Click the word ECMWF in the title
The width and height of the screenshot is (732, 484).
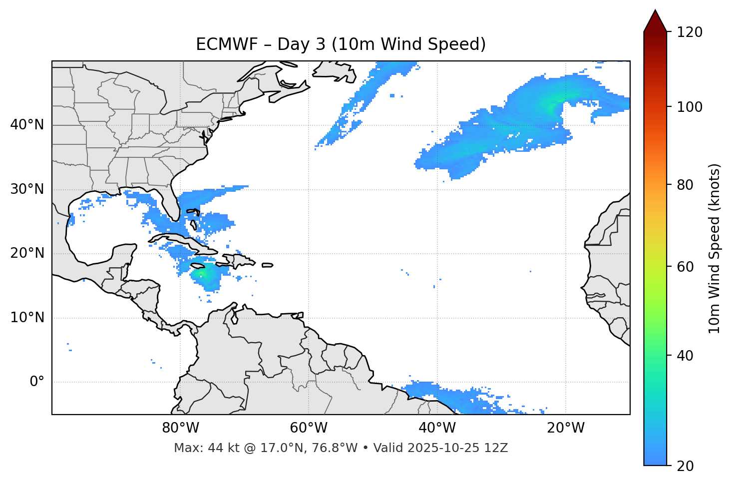pyautogui.click(x=219, y=44)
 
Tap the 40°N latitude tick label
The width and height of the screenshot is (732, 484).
pyautogui.click(x=27, y=125)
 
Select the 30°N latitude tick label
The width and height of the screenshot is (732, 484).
pyautogui.click(x=27, y=189)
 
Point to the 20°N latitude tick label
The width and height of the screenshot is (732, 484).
pyautogui.click(x=27, y=253)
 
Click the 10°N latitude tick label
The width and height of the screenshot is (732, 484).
pyautogui.click(x=27, y=318)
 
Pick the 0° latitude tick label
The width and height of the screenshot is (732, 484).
pyautogui.click(x=37, y=382)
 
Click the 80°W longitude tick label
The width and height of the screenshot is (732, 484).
pyautogui.click(x=180, y=428)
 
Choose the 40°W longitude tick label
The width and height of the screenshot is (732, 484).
pyautogui.click(x=437, y=428)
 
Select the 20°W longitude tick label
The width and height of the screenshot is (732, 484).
pyautogui.click(x=565, y=428)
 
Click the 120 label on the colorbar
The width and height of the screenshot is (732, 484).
pyautogui.click(x=689, y=32)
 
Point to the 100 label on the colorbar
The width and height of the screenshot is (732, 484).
pyautogui.click(x=689, y=107)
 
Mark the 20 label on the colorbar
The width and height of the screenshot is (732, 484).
pyautogui.click(x=685, y=466)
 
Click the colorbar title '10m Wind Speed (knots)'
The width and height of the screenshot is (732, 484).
pyautogui.click(x=715, y=249)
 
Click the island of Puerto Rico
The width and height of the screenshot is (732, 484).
pyautogui.click(x=267, y=265)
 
